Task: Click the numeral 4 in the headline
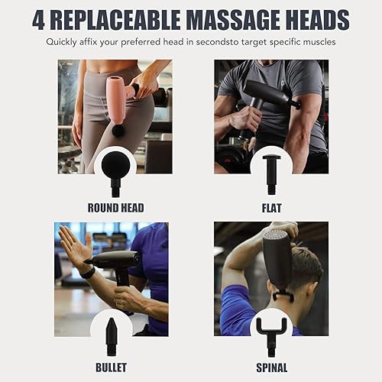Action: point(39,19)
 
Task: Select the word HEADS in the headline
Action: point(312,19)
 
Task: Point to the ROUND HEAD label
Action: point(115,208)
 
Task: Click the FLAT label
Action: point(271,208)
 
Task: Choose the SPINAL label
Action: point(271,367)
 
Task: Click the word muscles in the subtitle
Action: point(317,41)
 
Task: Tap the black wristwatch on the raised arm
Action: point(89,272)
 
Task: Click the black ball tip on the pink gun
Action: point(118,131)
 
